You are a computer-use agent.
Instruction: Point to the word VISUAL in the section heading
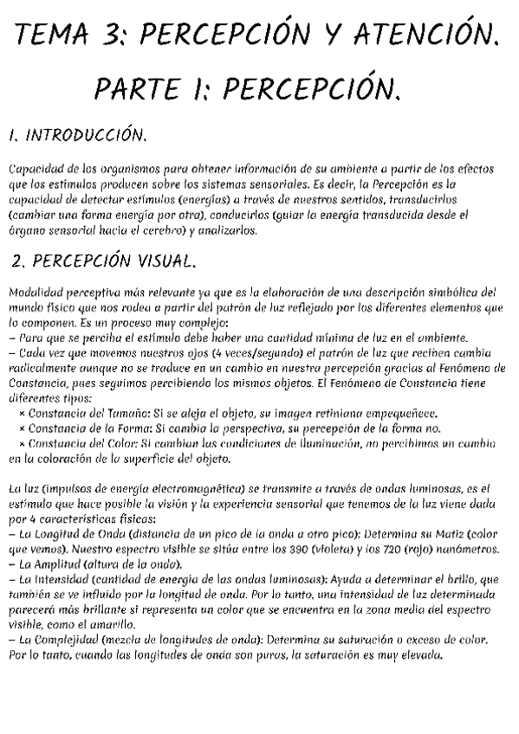(x=164, y=261)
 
